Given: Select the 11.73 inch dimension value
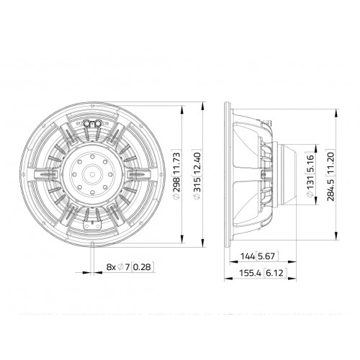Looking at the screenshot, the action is [176, 163].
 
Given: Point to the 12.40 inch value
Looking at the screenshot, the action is [197, 163].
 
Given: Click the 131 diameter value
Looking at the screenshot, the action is [310, 186].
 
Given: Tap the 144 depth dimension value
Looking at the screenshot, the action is [248, 256].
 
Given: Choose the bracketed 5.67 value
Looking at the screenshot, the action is [267, 256].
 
